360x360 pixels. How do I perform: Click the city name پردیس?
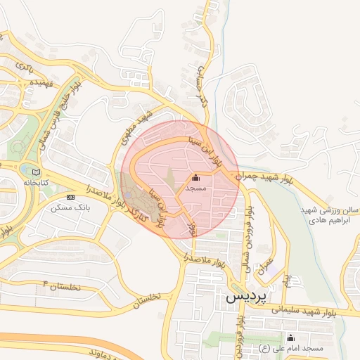246,297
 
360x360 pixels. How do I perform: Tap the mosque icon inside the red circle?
195,179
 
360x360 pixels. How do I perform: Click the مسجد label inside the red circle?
195,189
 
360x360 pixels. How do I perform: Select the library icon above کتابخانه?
37,172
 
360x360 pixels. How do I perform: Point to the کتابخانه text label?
37,182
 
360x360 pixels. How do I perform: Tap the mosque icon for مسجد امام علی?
291,338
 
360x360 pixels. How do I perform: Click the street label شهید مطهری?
140,127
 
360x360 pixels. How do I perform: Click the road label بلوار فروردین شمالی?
246,229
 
